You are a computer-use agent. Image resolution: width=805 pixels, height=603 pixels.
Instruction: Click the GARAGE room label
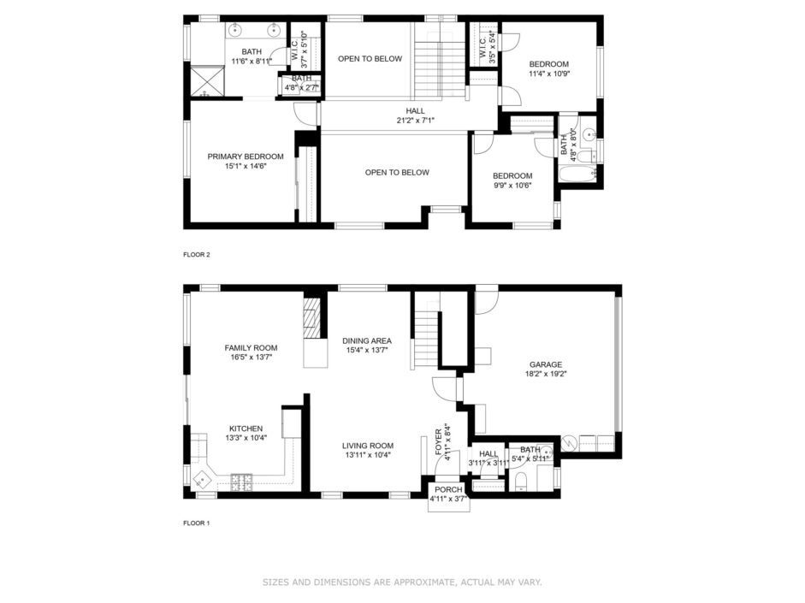[x=546, y=365]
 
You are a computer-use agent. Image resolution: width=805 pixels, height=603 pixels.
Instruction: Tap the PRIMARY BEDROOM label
[x=246, y=157]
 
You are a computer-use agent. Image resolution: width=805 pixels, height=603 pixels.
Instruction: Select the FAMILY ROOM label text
[x=251, y=348]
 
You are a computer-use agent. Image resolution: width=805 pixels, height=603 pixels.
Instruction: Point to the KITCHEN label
[x=246, y=429]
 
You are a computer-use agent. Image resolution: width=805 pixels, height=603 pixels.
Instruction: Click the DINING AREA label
[x=367, y=340]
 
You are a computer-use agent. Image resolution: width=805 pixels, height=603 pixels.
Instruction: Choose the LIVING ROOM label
[x=368, y=446]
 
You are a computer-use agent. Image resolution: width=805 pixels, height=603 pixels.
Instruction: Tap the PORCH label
[x=449, y=489]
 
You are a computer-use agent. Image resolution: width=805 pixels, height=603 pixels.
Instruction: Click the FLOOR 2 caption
[x=197, y=255]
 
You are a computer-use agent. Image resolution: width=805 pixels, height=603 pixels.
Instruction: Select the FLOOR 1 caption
[x=197, y=523]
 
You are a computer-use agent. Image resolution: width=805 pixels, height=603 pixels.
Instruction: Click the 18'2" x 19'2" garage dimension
[x=546, y=374]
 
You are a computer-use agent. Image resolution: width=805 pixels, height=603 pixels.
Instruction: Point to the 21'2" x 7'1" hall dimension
[x=416, y=121]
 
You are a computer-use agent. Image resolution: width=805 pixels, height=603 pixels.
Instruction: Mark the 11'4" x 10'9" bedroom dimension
[x=549, y=74]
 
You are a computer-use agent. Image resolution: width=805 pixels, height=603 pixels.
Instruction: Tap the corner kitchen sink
[x=201, y=478]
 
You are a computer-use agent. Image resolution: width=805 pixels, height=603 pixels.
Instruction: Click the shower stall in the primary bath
[x=207, y=80]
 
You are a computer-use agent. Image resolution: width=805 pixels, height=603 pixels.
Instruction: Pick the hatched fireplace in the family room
[x=311, y=318]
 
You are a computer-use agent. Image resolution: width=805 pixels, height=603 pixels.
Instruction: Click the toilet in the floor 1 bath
[x=519, y=482]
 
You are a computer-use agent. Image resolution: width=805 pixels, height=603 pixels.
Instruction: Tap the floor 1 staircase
[x=427, y=329]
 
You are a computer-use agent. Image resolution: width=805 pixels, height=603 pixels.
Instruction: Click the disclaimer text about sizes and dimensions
[x=402, y=582]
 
